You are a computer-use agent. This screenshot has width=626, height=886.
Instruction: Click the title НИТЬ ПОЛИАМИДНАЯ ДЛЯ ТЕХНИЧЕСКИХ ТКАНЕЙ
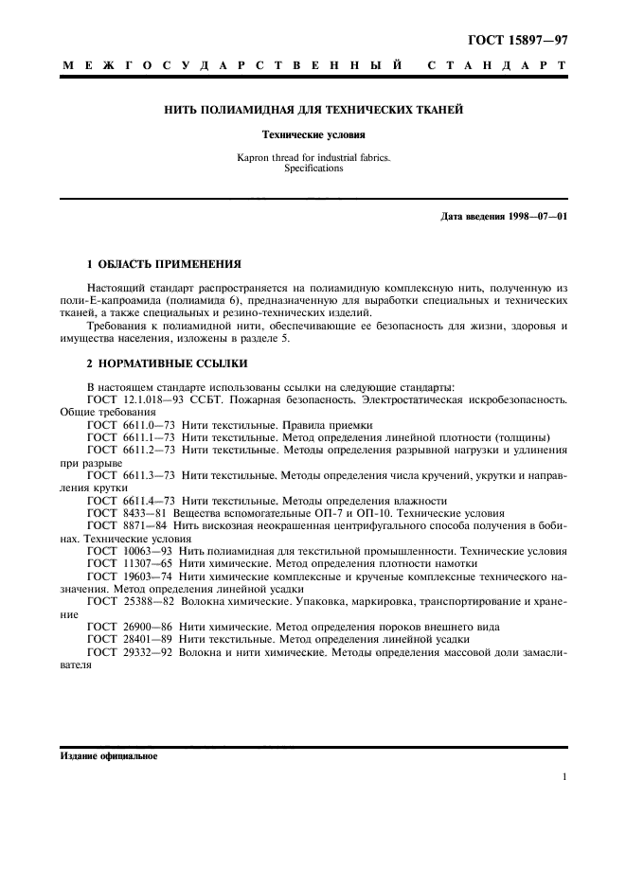tap(313, 111)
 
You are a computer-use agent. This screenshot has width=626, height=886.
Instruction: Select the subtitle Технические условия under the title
tap(313, 134)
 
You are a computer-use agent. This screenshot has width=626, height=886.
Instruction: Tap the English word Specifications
tap(313, 168)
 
